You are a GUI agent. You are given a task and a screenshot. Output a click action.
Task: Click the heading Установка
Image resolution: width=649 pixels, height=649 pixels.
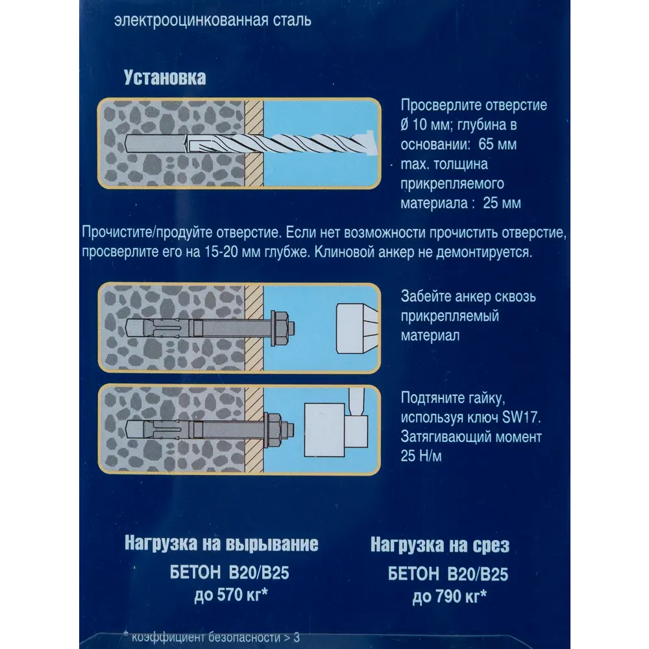pyautogui.click(x=165, y=79)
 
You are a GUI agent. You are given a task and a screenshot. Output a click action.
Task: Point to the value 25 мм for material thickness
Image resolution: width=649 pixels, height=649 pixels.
pyautogui.click(x=502, y=204)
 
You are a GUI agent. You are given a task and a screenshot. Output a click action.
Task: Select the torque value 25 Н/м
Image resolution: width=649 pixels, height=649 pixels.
pyautogui.click(x=422, y=457)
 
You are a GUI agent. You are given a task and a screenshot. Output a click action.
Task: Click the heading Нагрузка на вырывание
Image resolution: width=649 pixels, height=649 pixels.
pyautogui.click(x=221, y=544)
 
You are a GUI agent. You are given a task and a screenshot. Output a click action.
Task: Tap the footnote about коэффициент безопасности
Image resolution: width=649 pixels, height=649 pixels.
pyautogui.click(x=208, y=637)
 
